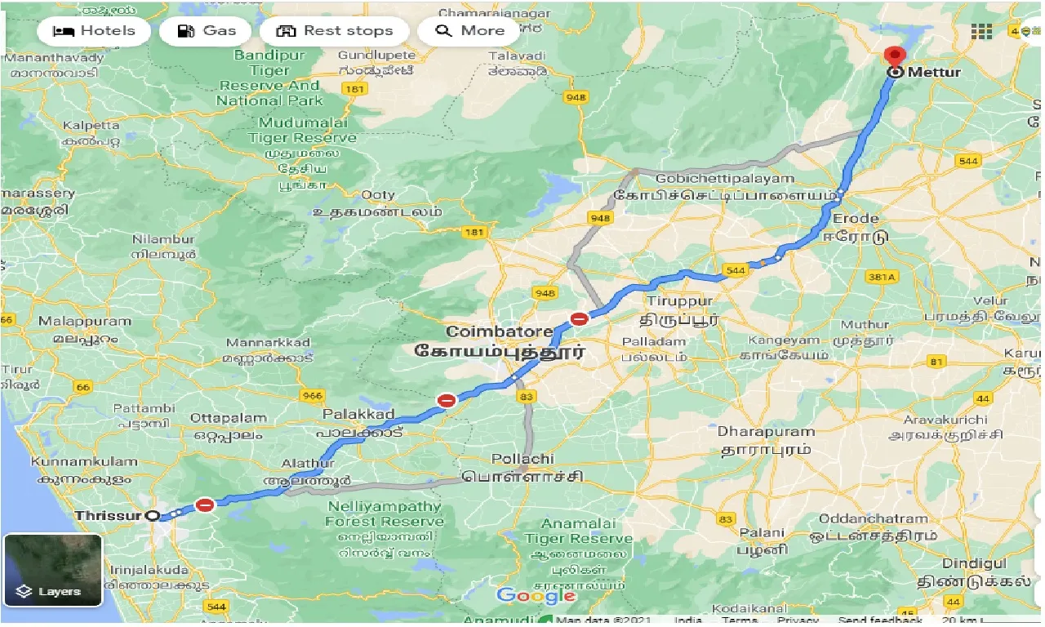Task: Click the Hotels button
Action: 94,31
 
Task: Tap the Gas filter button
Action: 207,31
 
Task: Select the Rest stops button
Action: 335,31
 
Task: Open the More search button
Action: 470,31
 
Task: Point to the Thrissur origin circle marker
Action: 152,515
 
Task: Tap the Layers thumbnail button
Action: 53,570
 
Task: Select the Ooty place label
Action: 378,194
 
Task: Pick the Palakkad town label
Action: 358,414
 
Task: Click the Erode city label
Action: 856,218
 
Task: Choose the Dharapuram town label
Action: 766,431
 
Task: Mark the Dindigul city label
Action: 975,563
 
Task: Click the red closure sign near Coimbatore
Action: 579,319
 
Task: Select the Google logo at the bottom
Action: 536,596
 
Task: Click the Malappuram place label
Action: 85,321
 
